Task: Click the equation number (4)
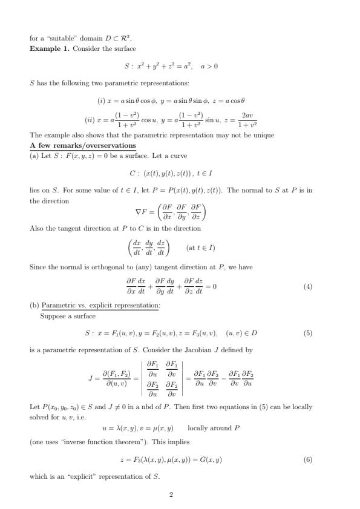point(308,287)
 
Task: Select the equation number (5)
point(308,333)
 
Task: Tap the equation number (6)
point(308,461)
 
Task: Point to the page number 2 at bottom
point(171,495)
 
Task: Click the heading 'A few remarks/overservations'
point(83,146)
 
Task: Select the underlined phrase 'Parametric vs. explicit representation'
point(100,306)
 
